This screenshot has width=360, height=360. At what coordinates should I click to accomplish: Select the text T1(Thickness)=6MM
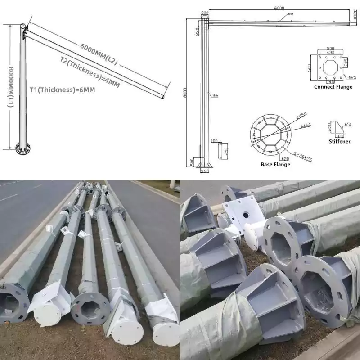pos(63,89)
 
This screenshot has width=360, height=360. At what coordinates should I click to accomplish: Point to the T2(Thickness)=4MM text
pos(90,72)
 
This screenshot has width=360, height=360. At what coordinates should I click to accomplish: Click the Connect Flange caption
pos(333,87)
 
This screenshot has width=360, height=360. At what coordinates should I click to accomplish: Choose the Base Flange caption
pos(275,164)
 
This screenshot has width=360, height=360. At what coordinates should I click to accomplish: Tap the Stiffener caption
pos(339,141)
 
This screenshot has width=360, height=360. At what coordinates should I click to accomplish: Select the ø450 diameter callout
pos(306,126)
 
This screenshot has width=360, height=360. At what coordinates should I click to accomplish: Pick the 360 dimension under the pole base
pos(205,171)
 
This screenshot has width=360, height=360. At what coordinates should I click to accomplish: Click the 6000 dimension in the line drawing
pos(279,8)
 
